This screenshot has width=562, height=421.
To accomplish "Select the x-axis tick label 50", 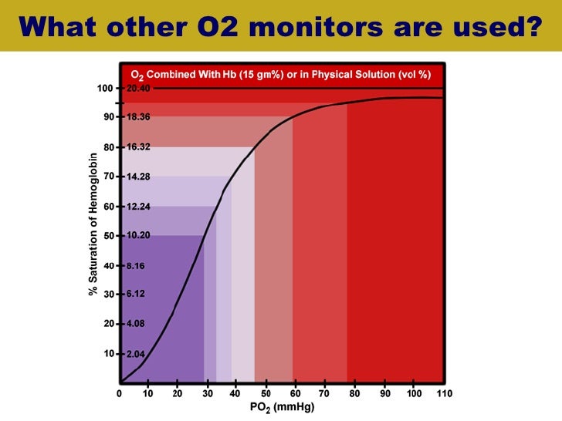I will (x=266, y=393).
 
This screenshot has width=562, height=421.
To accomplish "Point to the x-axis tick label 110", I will (x=443, y=393).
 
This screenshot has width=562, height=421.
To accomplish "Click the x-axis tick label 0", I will (x=120, y=393).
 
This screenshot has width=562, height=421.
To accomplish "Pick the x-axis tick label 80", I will (x=355, y=393).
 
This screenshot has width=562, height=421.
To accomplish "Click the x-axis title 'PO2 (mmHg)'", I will (x=281, y=407).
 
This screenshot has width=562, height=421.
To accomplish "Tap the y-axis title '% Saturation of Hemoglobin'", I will (x=93, y=224).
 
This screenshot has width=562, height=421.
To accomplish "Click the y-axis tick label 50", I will (x=108, y=236).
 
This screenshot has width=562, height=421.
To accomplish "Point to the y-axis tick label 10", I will (x=108, y=354).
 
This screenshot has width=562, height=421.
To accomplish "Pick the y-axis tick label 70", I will (x=108, y=177).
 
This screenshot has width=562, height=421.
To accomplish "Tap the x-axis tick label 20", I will (x=178, y=393).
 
